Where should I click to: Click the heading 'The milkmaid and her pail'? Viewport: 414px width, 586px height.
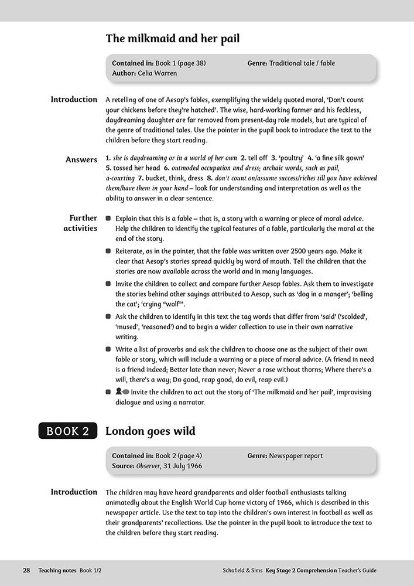[172, 39]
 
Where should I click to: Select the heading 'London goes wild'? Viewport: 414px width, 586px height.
[150, 431]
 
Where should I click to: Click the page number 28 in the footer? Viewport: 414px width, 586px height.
[26, 570]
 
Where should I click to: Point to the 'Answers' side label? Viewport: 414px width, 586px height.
[81, 160]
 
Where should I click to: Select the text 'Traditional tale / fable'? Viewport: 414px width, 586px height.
[302, 63]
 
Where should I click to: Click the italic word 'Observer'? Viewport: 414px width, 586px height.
[149, 466]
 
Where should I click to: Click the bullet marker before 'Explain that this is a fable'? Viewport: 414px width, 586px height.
[108, 218]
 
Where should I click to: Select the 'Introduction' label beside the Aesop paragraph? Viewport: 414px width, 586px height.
[74, 100]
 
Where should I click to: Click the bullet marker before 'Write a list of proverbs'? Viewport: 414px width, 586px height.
[108, 349]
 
